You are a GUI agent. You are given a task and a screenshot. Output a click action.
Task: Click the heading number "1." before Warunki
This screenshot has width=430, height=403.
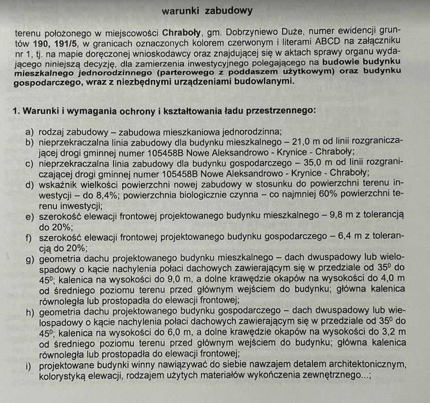click(16, 109)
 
